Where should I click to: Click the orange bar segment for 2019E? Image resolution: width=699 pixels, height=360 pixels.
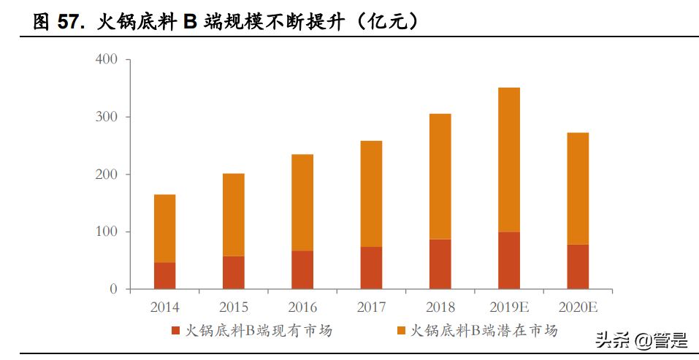pyautogui.click(x=509, y=159)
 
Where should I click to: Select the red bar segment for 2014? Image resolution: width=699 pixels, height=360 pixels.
pyautogui.click(x=164, y=275)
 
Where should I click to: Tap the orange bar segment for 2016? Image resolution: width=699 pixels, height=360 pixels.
pyautogui.click(x=302, y=202)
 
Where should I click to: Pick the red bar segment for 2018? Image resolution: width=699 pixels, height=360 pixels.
pyautogui.click(x=440, y=264)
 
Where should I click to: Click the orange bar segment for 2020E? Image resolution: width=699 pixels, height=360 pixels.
pyautogui.click(x=578, y=188)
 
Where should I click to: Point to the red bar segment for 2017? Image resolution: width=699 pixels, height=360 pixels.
pyautogui.click(x=371, y=267)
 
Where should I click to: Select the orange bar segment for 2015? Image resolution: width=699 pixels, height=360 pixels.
pyautogui.click(x=234, y=214)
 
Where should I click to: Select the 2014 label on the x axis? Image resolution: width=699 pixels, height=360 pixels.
pyautogui.click(x=164, y=307)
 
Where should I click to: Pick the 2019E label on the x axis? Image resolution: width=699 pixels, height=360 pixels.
pyautogui.click(x=509, y=307)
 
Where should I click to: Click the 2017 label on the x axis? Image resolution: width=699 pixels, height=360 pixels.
pyautogui.click(x=371, y=307)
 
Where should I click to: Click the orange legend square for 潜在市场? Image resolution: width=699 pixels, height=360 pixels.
pyautogui.click(x=401, y=332)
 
